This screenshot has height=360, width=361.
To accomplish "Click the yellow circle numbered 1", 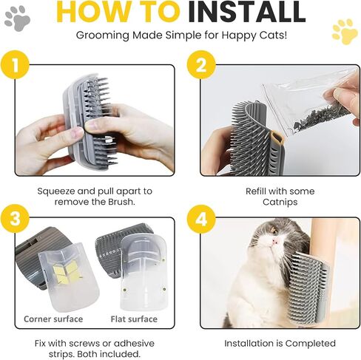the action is click(x=15, y=64).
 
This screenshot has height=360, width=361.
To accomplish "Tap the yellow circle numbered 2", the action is click(x=201, y=64).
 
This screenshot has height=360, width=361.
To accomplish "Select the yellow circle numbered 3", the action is click(x=15, y=219).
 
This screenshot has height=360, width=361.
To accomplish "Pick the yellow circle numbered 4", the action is click(x=201, y=219).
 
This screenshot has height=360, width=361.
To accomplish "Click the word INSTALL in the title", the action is click(x=247, y=11).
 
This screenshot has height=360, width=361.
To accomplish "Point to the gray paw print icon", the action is click(x=17, y=18).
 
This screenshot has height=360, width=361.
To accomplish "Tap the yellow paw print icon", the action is click(x=345, y=32).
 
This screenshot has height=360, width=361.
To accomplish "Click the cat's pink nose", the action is click(x=275, y=242).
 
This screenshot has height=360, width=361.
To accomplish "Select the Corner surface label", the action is click(x=53, y=319).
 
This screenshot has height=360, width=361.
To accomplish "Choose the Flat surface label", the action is click(x=134, y=319).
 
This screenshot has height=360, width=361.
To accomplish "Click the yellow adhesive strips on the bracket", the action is click(x=66, y=272).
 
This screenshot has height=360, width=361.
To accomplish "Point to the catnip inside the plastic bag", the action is click(x=320, y=118).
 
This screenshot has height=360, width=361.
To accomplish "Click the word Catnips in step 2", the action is click(x=280, y=202).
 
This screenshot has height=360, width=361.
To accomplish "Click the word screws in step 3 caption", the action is click(x=84, y=344).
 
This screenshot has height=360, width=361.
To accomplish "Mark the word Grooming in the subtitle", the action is click(x=103, y=35).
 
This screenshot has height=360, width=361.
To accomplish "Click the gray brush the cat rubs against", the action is click(x=308, y=288).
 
